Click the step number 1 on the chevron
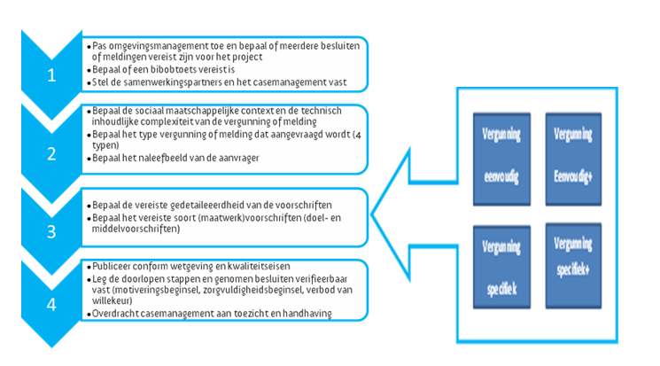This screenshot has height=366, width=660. (x=50, y=74)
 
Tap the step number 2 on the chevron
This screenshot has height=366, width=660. (x=50, y=152)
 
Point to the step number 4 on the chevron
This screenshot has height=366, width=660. (x=50, y=307)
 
